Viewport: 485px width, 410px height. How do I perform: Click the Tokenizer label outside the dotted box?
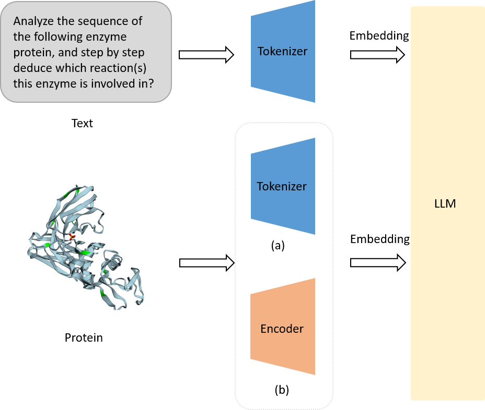tap(282, 52)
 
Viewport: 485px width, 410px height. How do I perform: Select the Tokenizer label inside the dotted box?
tap(282, 186)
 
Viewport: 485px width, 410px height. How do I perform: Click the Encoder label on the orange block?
tap(282, 329)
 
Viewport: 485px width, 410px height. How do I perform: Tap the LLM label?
tap(445, 204)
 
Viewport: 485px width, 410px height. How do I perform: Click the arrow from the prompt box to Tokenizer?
tap(206, 54)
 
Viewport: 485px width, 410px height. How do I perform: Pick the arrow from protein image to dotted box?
tap(206, 263)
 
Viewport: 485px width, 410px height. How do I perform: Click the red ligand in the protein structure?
tap(72, 238)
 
